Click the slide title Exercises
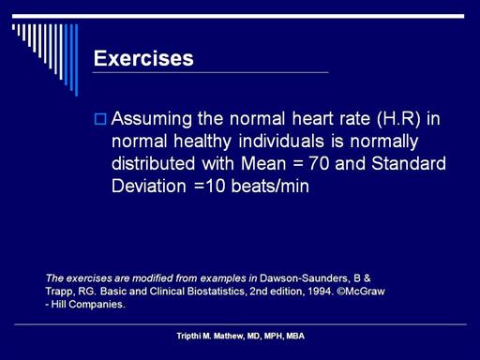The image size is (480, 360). [x=143, y=58]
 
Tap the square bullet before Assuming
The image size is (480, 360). [x=100, y=119]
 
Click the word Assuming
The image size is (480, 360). [x=152, y=120]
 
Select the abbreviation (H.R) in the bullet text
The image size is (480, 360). [x=398, y=119]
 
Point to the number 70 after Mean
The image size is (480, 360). [x=319, y=163]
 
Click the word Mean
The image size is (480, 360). [x=263, y=163]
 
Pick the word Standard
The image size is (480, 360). [x=409, y=163]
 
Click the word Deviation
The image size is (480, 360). [x=149, y=186]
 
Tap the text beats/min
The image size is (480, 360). [x=270, y=186]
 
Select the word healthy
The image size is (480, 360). [x=202, y=142]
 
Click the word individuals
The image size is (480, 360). [x=281, y=141]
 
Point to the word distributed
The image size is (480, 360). [x=153, y=163]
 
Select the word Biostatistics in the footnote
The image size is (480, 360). [x=216, y=292]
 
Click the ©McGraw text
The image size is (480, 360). [x=361, y=292]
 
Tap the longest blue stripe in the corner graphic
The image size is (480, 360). [x=76, y=60]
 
